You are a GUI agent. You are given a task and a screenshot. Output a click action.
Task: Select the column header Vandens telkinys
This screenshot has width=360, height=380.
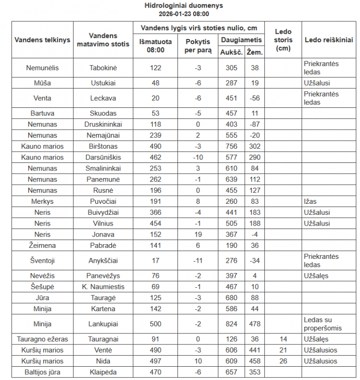coord(42,40)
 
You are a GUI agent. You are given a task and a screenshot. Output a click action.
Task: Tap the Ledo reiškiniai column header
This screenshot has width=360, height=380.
coord(329,40)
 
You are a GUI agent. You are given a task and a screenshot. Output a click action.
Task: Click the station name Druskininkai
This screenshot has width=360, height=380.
coord(103,124)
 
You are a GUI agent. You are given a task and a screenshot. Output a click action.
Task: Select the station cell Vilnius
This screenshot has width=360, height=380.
coord(103,223)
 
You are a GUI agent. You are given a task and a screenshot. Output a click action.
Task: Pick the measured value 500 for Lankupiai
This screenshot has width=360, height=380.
coord(156,324)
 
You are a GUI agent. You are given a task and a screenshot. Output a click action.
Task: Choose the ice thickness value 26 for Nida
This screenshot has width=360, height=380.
coord(283,361)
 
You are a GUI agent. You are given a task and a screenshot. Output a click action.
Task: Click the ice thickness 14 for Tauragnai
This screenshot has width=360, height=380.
coord(283,339)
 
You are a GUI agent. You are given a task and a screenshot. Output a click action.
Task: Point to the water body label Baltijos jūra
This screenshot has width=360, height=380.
coord(42,372)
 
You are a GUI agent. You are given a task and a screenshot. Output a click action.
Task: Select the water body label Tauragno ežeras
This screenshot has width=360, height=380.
coord(42,339)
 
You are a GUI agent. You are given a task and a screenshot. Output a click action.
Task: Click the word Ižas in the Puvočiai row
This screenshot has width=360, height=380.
coord(310,201)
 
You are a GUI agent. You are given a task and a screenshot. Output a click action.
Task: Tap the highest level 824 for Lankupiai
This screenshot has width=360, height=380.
coord(232,324)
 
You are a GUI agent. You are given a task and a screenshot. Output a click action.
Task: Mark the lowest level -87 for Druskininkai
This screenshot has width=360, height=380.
coord(255,124)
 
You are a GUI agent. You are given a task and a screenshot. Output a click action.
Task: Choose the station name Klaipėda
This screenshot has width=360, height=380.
coord(103,372)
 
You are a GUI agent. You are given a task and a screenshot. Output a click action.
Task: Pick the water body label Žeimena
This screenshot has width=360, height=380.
coord(42,245)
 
